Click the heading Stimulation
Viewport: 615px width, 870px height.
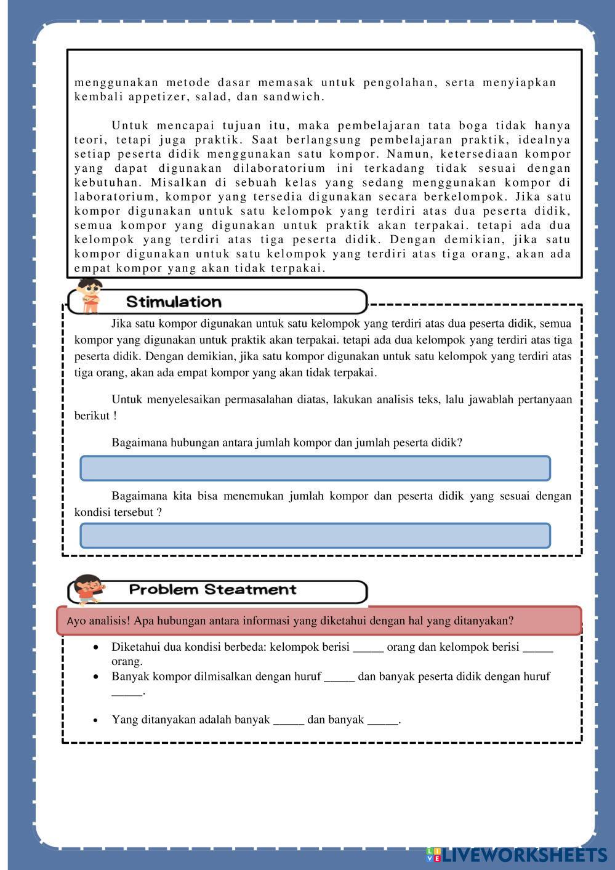(x=174, y=302)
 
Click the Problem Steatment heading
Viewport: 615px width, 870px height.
(x=212, y=589)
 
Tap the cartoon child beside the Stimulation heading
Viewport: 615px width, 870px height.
(x=90, y=295)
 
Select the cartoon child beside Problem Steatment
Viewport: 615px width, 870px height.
(x=88, y=590)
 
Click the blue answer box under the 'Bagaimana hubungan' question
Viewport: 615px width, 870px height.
(x=315, y=469)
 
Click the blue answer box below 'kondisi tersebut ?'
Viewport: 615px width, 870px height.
(x=315, y=536)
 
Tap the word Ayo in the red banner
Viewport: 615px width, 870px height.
(x=76, y=621)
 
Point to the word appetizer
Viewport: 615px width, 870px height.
(x=158, y=97)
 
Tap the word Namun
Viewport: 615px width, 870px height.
(x=404, y=154)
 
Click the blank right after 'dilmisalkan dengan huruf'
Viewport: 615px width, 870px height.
(x=339, y=677)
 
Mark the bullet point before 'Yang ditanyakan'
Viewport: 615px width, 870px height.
(x=95, y=719)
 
